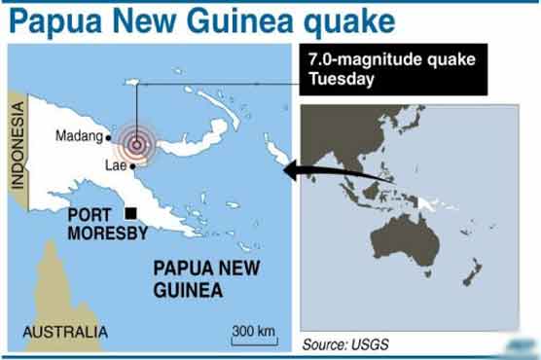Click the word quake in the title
[x=329, y=20]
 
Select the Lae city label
[x=116, y=165]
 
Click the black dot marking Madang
[x=108, y=137]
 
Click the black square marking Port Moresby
[x=131, y=214]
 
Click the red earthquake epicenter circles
[x=137, y=146]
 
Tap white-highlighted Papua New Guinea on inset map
[x=443, y=203]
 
